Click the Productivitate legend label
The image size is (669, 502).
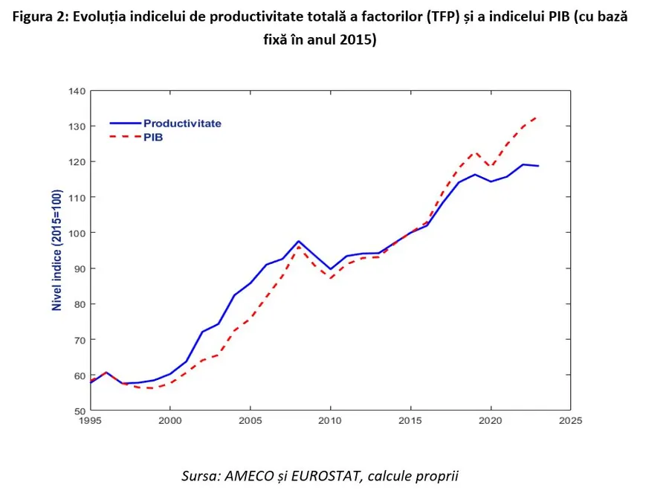point(182,123)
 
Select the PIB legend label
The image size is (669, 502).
point(154,138)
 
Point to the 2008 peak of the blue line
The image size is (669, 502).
point(298,241)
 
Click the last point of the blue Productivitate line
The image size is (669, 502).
point(538,166)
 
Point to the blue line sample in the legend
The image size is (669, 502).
point(125,123)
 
